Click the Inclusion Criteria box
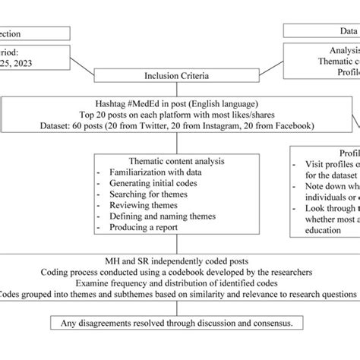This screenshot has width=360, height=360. (x=176, y=76)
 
